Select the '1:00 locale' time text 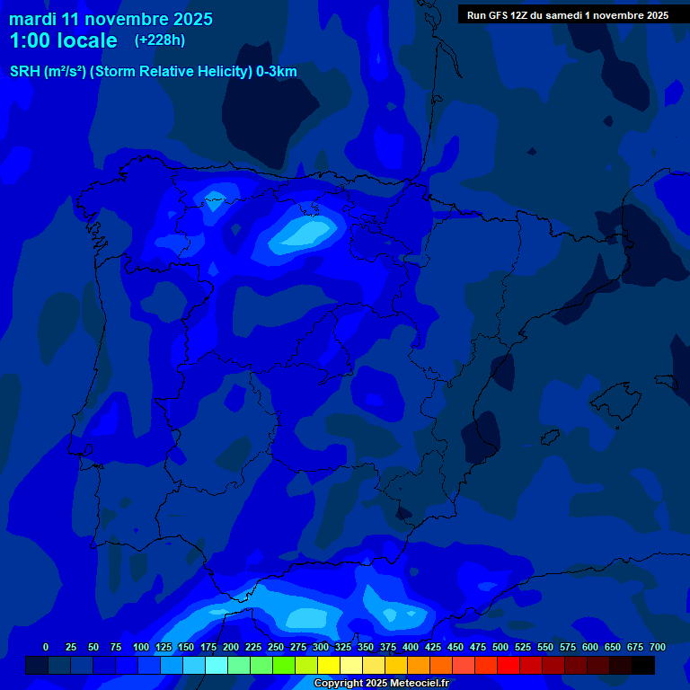coord(63,40)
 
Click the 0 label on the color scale coord(46,647)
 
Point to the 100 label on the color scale coord(141,647)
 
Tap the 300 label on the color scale coord(321,647)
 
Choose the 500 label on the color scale coord(500,647)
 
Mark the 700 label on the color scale coord(658,647)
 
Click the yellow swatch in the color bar coord(329,666)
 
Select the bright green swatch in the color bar coord(284,666)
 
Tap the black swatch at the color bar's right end coord(643,666)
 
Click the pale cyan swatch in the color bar coord(217,666)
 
